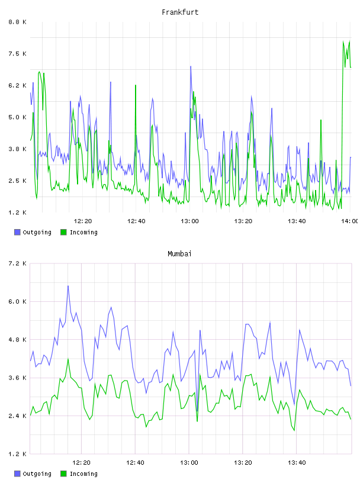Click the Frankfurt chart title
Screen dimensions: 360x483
point(180,12)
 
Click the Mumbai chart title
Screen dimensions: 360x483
point(179,254)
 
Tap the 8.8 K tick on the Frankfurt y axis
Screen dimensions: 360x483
point(17,22)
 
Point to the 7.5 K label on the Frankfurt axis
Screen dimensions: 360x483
point(17,54)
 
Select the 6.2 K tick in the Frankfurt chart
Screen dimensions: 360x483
point(17,85)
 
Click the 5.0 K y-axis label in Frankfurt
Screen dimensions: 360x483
point(17,117)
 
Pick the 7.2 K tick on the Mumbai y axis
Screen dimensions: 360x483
point(17,263)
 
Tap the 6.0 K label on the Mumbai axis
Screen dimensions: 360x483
point(17,301)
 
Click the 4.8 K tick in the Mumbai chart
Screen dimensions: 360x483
point(17,339)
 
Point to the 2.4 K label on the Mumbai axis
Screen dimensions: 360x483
point(17,416)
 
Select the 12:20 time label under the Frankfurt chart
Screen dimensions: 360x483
point(83,221)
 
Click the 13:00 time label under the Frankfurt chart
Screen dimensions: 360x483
point(189,221)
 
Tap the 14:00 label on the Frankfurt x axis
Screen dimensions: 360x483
point(350,221)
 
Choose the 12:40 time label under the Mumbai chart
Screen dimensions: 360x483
point(135,462)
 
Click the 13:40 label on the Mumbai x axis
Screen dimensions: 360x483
point(297,462)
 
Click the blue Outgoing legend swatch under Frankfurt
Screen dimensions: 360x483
point(17,232)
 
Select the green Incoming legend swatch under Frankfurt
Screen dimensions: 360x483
point(63,232)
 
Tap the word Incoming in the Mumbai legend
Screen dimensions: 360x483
point(83,474)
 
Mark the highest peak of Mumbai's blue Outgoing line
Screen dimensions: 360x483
point(68,286)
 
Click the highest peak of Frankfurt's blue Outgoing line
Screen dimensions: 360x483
point(191,66)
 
